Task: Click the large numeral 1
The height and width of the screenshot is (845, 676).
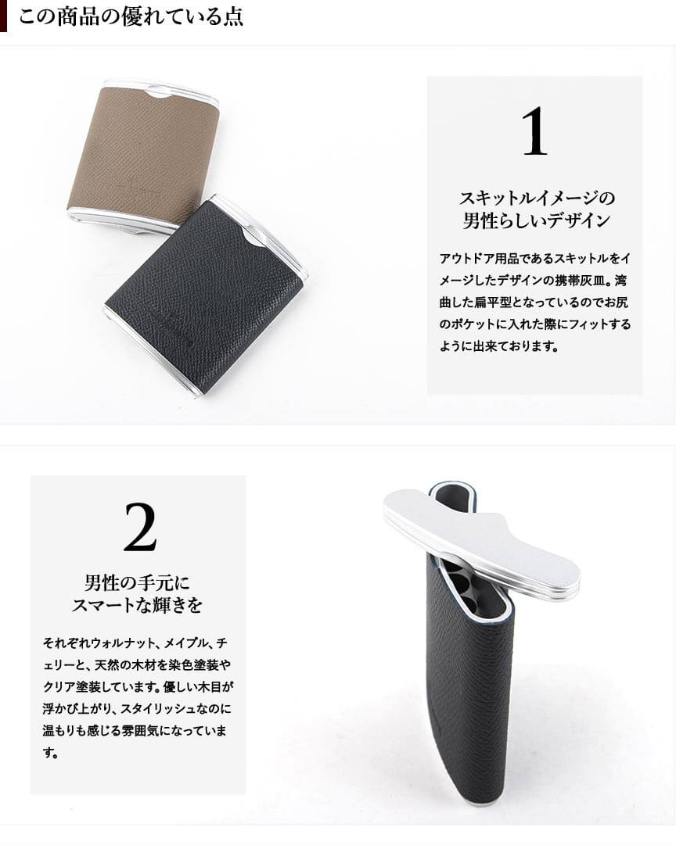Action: click(534, 131)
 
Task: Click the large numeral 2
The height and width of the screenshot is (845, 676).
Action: click(140, 527)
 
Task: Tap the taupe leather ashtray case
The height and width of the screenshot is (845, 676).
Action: click(143, 152)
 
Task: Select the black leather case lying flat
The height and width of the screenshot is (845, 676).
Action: click(205, 295)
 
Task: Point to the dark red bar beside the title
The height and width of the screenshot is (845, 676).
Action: click(3, 16)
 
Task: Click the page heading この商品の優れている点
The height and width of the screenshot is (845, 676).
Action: click(131, 16)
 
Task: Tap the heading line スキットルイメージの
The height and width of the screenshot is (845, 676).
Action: click(537, 198)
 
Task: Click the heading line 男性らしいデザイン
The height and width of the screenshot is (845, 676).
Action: click(537, 220)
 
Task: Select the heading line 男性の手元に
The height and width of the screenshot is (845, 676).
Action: click(138, 582)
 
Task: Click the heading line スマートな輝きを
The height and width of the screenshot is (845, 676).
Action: click(138, 605)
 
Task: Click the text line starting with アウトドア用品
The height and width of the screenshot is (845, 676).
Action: click(534, 258)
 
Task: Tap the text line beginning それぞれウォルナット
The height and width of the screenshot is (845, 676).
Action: click(135, 643)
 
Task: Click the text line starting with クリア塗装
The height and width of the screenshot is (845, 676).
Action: click(138, 687)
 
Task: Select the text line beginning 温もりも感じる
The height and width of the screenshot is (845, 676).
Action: click(135, 731)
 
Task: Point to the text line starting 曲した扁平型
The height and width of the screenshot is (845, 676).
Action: click(534, 303)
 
